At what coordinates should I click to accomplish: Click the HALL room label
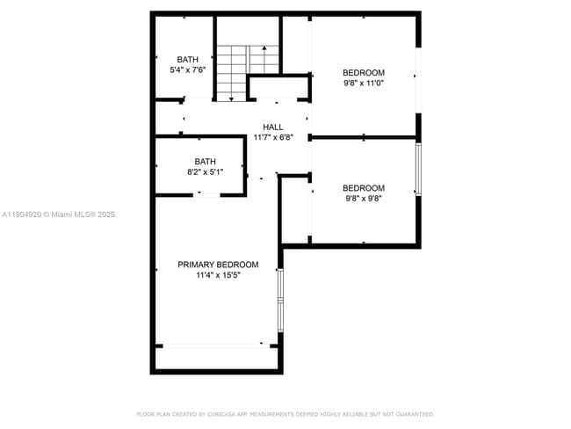[273, 127]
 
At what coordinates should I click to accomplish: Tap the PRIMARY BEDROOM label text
[218, 265]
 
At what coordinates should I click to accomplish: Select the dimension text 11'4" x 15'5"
[218, 275]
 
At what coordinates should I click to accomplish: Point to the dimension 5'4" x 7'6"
[187, 70]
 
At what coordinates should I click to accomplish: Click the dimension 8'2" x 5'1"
[205, 172]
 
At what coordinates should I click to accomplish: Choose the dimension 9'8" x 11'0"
[363, 83]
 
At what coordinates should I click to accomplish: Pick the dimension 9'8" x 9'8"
[363, 198]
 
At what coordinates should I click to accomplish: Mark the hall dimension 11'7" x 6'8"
[273, 137]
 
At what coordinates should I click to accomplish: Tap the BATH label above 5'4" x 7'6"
[187, 60]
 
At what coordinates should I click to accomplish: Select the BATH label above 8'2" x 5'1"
[205, 161]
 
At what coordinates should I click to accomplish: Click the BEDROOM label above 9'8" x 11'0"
[363, 72]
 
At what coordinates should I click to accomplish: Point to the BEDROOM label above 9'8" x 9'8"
[363, 187]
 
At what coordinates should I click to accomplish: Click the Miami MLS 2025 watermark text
[79, 214]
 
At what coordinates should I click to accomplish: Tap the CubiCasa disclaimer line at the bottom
[285, 413]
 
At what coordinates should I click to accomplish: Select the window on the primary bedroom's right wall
[280, 300]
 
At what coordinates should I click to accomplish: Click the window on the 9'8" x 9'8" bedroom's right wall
[418, 169]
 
